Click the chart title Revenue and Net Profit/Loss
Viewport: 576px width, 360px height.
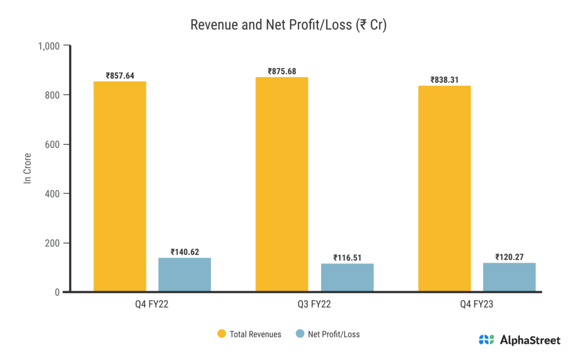tap(288, 25)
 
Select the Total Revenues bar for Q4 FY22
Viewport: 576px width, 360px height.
tap(120, 186)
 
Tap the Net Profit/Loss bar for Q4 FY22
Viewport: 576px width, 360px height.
tap(184, 274)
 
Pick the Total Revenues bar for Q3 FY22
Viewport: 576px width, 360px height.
tap(282, 184)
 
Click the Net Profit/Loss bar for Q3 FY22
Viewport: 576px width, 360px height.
tap(347, 277)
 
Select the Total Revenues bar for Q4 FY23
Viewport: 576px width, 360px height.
tap(444, 188)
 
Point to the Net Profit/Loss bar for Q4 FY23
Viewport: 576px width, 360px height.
tap(509, 277)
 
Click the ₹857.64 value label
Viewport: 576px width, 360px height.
tap(120, 75)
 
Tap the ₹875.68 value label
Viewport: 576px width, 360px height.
tap(282, 71)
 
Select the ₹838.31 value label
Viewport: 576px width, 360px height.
tap(444, 80)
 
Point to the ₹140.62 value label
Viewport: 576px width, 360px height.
tap(184, 252)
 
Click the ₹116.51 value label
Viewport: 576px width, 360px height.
tap(347, 258)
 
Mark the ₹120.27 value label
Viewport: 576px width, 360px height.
tap(509, 257)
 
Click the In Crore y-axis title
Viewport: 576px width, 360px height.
tap(26, 168)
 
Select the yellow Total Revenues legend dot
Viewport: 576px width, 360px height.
tap(222, 334)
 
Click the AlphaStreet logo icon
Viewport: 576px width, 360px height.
tap(487, 340)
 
